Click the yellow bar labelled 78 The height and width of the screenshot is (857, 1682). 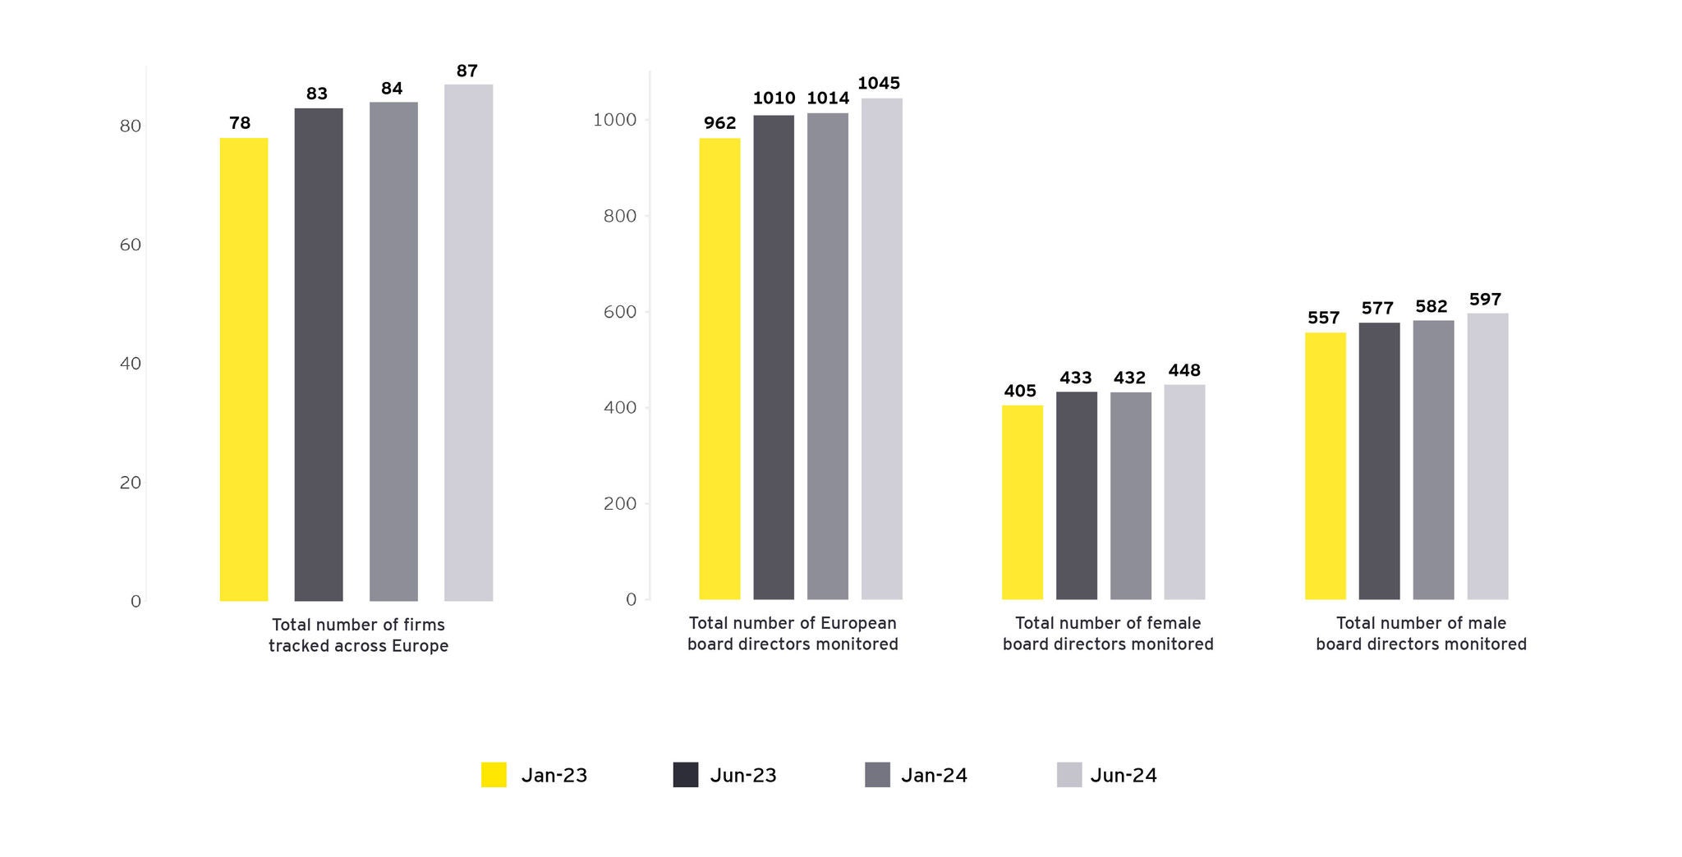(x=243, y=369)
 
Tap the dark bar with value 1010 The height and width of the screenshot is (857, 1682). (x=774, y=357)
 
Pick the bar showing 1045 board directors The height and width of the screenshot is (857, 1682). (x=881, y=349)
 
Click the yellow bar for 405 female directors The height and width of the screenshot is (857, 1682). (x=1022, y=502)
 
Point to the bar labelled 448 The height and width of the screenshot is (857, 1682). (x=1184, y=492)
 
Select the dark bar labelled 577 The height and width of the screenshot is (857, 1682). (x=1379, y=461)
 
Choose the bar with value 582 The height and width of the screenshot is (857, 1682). (x=1433, y=460)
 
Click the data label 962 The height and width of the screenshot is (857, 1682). (x=719, y=123)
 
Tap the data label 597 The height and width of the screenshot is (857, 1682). (x=1485, y=300)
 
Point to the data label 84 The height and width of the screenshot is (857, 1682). (x=392, y=89)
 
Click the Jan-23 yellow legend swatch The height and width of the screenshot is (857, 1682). (x=494, y=775)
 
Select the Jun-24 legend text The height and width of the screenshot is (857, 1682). (x=1124, y=776)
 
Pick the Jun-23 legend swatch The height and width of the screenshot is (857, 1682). (x=686, y=775)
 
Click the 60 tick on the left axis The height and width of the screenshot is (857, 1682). (x=130, y=245)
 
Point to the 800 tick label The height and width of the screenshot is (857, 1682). (x=620, y=216)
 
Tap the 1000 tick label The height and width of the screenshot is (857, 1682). (x=615, y=120)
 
